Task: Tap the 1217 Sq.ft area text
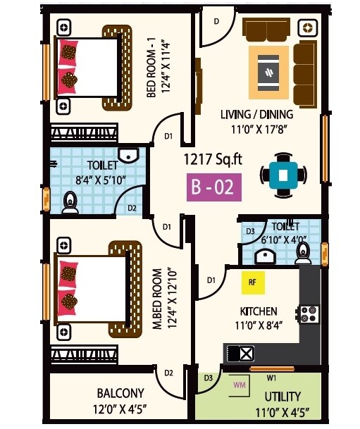[213, 159]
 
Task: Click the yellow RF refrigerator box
[252, 282]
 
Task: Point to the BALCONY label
[120, 393]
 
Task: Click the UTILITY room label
[283, 397]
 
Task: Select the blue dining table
[283, 174]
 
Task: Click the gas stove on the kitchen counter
[309, 313]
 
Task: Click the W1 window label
[271, 377]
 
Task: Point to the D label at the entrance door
[216, 22]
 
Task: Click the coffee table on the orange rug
[268, 72]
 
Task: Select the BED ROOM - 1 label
[151, 75]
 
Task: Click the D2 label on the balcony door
[168, 373]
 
